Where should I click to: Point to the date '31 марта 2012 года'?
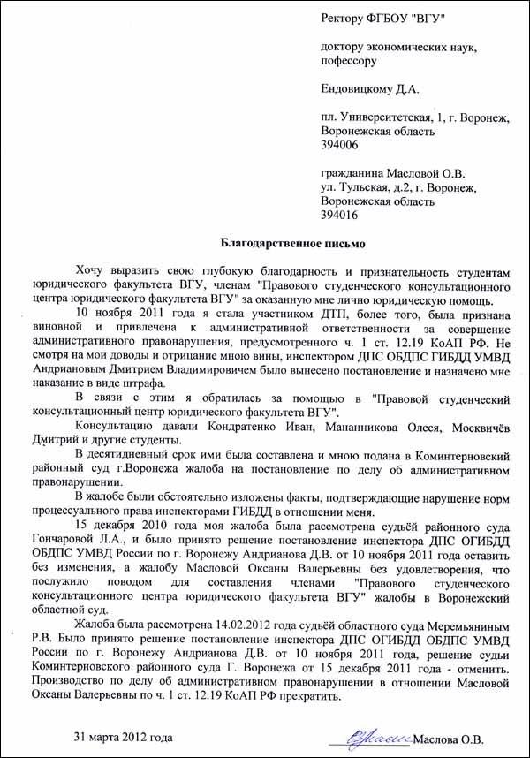point(123,737)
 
